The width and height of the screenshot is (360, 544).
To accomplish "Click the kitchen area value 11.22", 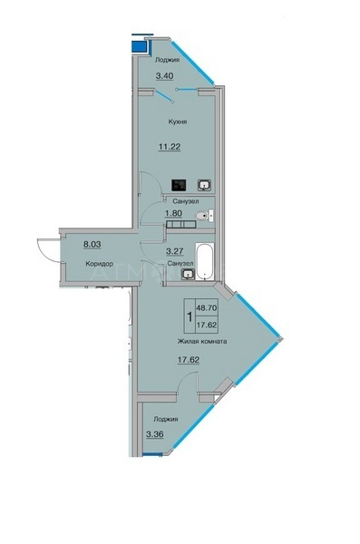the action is pyautogui.click(x=170, y=147).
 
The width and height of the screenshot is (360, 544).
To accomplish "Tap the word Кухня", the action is pyautogui.click(x=178, y=121).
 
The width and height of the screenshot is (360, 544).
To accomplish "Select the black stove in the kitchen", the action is pyautogui.click(x=179, y=185).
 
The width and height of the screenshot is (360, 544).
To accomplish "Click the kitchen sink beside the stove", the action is pyautogui.click(x=204, y=185).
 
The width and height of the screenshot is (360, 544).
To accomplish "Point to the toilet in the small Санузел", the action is pyautogui.click(x=205, y=216).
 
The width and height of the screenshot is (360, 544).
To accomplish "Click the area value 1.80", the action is pyautogui.click(x=173, y=213).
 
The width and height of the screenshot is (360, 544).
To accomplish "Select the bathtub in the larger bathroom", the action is pyautogui.click(x=204, y=261).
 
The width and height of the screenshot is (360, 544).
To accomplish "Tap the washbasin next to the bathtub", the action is pyautogui.click(x=188, y=274).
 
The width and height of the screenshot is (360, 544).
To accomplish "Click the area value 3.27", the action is pyautogui.click(x=175, y=251).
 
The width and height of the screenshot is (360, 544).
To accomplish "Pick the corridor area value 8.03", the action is pyautogui.click(x=92, y=244).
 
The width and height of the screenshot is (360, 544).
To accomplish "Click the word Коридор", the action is pyautogui.click(x=99, y=264).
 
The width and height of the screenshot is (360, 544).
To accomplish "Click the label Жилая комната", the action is pyautogui.click(x=202, y=342).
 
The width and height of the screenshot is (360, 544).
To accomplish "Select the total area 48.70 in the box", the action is pyautogui.click(x=207, y=307).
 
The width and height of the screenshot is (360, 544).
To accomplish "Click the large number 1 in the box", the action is pyautogui.click(x=190, y=316).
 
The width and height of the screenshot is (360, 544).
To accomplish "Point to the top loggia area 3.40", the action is pyautogui.click(x=164, y=75).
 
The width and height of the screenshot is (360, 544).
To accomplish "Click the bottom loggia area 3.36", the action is pyautogui.click(x=155, y=434).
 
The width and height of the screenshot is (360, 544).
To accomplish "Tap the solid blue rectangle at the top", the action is pyautogui.click(x=139, y=46).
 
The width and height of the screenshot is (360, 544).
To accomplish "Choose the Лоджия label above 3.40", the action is pyautogui.click(x=168, y=60).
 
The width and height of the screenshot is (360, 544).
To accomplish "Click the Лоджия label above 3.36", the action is pyautogui.click(x=166, y=420).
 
